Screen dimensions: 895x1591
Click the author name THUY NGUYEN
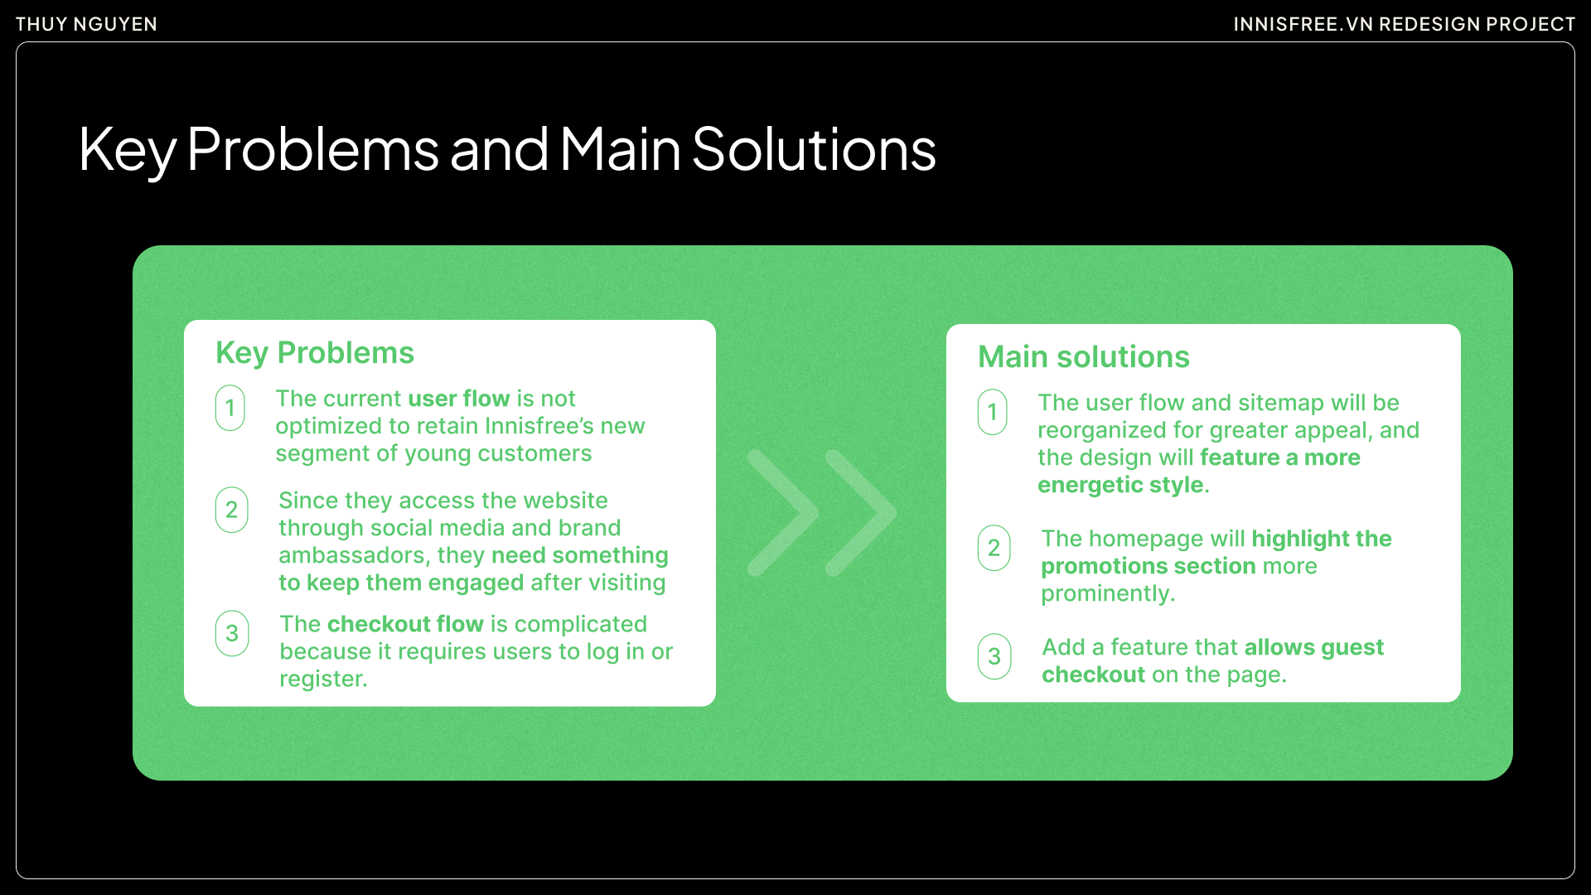coord(86,24)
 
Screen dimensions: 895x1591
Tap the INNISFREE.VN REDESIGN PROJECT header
coord(1404,24)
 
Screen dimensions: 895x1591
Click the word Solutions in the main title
coord(813,150)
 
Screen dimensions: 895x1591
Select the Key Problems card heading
coord(315,353)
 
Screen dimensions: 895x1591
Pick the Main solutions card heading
coord(1083,357)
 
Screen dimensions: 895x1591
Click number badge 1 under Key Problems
coord(230,408)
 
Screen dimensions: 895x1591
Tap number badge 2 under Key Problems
coord(232,510)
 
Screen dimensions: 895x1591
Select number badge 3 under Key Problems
coord(232,634)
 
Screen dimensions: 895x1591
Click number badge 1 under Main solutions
coord(992,412)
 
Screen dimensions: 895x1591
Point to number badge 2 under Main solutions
coord(994,548)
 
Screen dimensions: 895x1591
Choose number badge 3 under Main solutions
coord(994,657)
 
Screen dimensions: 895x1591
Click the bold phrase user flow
coord(458,399)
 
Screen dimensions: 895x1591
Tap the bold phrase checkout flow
coord(405,624)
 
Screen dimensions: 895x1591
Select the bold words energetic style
coord(1120,485)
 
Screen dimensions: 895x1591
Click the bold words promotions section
coord(1148,566)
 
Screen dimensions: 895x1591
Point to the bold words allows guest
coord(1313,647)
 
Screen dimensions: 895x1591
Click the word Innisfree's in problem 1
coord(539,426)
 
